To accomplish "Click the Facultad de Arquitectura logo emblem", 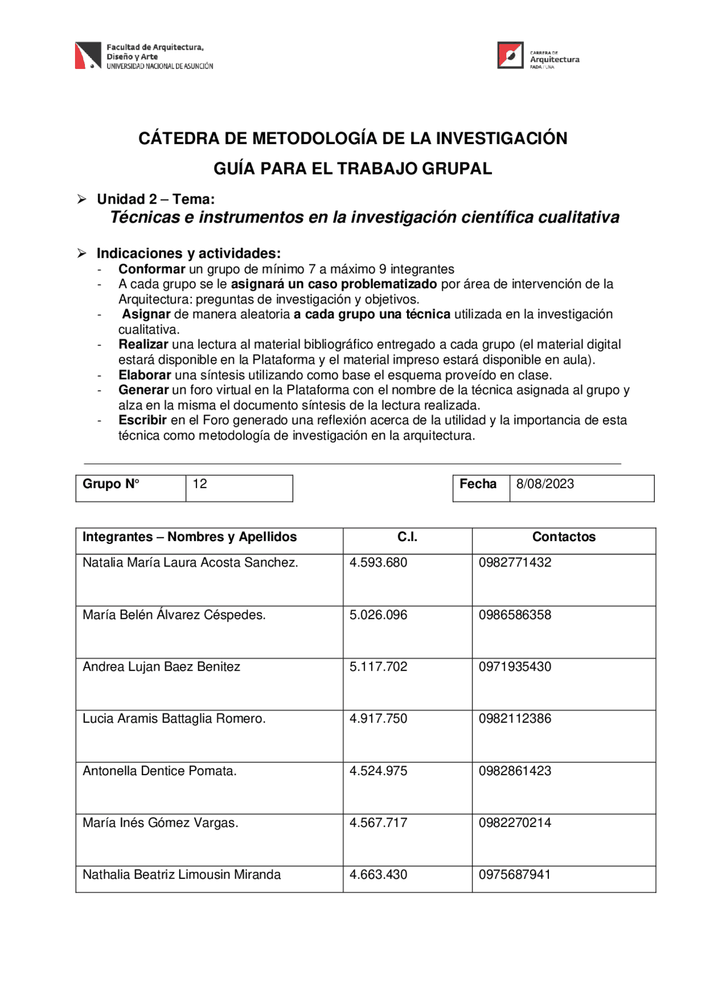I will pos(88,55).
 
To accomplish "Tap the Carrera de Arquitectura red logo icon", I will pos(510,55).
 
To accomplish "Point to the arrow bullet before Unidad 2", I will pos(82,199).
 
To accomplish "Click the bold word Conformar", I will pos(152,269).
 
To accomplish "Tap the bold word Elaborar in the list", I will pos(145,375).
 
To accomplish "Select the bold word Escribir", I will pos(142,420).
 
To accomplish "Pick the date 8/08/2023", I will pos(545,484).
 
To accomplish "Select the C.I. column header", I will pos(407,537).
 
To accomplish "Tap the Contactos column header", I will pos(564,537).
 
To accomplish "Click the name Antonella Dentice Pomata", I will pos(159,771).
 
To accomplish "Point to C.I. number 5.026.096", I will pos(378,615).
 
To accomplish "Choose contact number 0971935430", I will pos(515,667).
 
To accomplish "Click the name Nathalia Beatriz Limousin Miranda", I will pos(181,875).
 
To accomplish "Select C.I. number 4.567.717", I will pos(378,823).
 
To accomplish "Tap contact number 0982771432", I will pos(515,563).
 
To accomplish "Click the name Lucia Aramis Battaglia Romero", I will pos(174,719).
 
